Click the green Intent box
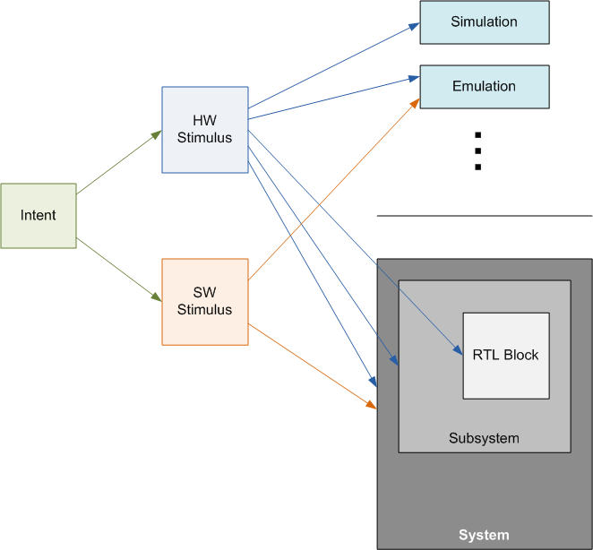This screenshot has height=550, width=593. coord(39,216)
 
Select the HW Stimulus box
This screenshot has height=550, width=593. coord(204,130)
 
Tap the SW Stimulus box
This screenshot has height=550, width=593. coord(204,302)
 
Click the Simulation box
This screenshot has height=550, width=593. coord(484,22)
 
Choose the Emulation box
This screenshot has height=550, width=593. coord(484,87)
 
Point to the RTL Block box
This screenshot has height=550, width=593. coord(505,356)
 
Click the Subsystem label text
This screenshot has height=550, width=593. coord(484,439)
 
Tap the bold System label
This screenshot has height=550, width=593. coord(484,536)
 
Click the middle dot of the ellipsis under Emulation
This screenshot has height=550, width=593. coord(478,150)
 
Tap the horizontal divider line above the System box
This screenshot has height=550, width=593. coord(484,216)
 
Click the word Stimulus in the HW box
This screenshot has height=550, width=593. coord(204,138)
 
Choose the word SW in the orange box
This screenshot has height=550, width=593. coord(204,294)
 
